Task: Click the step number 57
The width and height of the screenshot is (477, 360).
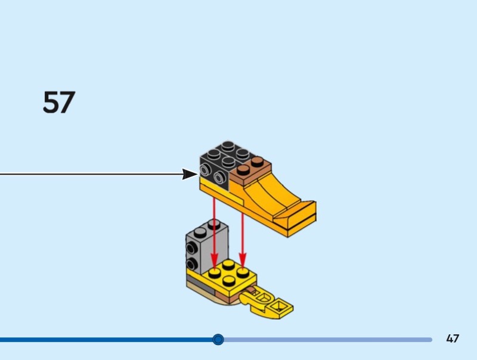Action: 59,103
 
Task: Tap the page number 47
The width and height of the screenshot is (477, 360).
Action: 453,339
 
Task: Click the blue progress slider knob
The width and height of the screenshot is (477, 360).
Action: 218,340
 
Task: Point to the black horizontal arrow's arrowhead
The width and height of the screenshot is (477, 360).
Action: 190,174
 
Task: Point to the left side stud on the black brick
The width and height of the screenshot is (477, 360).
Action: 206,171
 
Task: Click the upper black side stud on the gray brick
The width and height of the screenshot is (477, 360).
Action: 191,250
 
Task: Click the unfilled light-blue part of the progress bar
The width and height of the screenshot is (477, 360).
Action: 328,340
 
